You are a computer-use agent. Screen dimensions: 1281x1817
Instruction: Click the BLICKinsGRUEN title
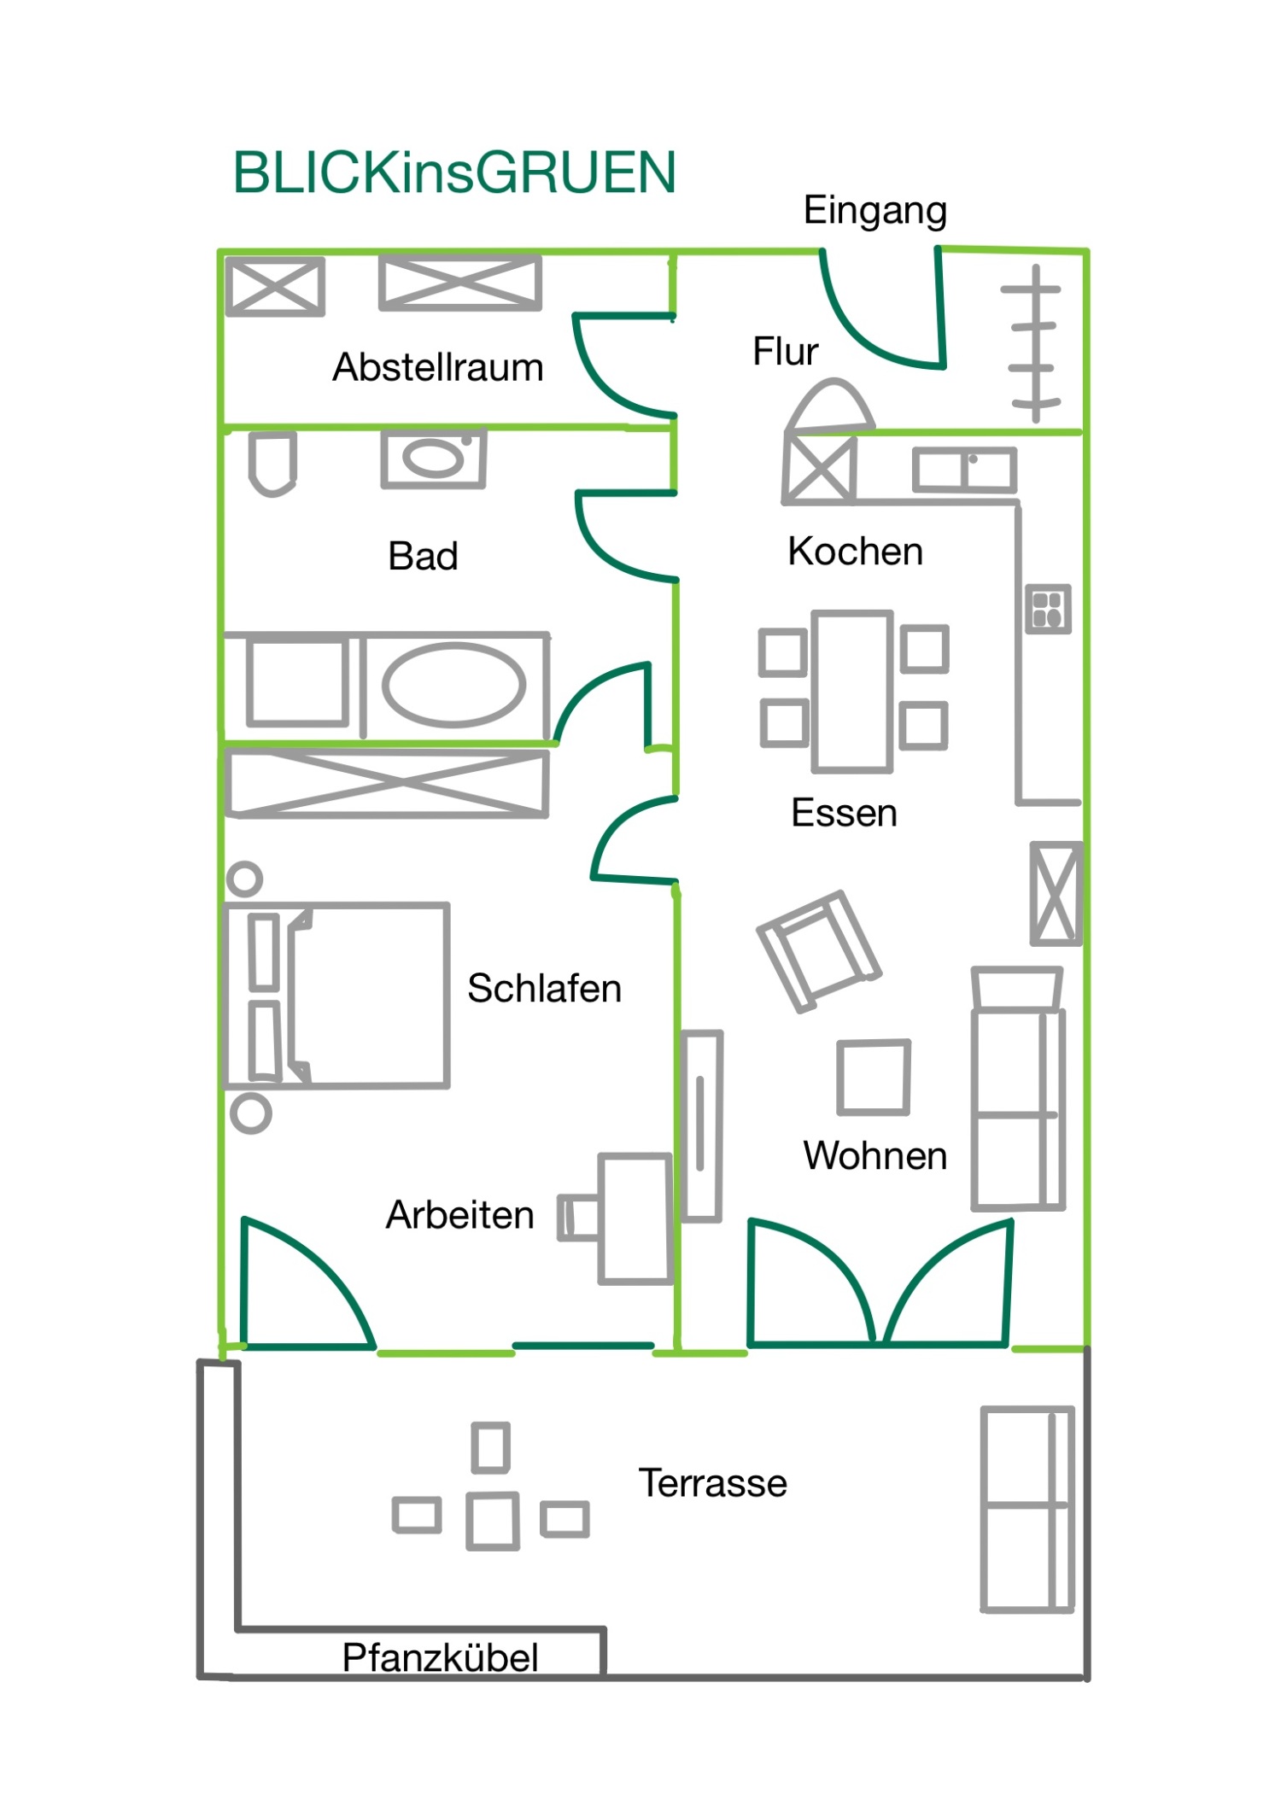(x=454, y=172)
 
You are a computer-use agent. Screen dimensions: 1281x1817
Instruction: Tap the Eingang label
(x=875, y=210)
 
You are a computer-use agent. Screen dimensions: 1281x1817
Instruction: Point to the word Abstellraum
(x=438, y=367)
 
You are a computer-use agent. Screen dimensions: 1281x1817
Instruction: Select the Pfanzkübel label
(x=440, y=1658)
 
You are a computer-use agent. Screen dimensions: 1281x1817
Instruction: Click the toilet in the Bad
(x=272, y=463)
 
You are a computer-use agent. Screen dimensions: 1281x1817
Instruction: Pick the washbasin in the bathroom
(x=434, y=459)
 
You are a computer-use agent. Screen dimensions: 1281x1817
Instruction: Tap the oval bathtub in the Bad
(x=453, y=685)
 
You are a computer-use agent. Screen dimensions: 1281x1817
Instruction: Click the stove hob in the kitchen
(x=1048, y=609)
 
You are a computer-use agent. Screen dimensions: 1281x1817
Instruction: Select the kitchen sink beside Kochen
(x=965, y=470)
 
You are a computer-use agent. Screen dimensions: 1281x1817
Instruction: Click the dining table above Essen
(x=852, y=691)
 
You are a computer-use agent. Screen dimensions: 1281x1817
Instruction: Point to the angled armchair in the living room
(x=818, y=950)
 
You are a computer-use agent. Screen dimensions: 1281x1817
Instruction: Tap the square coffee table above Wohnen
(x=874, y=1078)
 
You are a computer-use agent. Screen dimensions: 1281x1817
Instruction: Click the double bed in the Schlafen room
(x=336, y=996)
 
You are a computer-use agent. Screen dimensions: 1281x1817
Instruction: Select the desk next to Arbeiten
(x=635, y=1218)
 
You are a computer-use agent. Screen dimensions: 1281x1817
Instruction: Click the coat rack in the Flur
(x=1034, y=343)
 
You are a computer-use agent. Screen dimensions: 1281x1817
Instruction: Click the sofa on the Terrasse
(x=1027, y=1509)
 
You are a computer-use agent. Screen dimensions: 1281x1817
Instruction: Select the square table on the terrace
(x=493, y=1521)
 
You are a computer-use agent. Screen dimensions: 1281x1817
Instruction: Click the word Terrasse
(x=713, y=1483)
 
